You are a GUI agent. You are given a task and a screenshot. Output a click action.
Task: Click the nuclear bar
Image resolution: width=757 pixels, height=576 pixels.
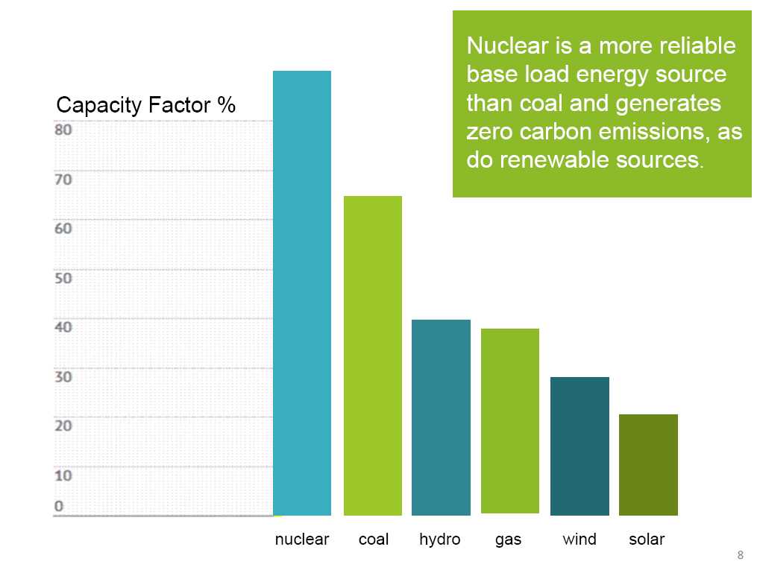point(302,293)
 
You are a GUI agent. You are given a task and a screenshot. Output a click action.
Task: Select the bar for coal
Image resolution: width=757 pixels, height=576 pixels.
point(372,355)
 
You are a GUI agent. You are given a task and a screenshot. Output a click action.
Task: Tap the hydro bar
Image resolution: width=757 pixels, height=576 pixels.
point(441,417)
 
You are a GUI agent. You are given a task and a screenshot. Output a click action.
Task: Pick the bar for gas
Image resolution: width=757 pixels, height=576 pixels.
point(510,421)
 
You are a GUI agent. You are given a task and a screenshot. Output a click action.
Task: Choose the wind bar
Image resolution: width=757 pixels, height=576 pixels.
point(579,446)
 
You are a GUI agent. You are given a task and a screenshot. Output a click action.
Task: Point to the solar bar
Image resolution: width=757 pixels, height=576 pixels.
point(648,464)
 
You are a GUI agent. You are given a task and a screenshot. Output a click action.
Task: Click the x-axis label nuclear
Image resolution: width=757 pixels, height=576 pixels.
point(302,539)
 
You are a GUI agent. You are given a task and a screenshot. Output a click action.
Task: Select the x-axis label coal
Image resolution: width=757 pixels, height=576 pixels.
point(374,539)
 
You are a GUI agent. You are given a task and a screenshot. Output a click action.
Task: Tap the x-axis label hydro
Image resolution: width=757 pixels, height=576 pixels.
point(440,539)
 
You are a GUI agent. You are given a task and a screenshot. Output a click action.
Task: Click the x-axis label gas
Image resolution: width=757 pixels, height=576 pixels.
point(509,539)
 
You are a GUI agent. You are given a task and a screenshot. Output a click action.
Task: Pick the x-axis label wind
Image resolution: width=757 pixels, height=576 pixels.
point(579,539)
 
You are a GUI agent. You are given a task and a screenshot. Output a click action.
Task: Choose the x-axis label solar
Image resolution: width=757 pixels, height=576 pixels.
point(647,539)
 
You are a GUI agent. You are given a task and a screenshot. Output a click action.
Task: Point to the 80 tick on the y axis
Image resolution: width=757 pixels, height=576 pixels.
point(63,129)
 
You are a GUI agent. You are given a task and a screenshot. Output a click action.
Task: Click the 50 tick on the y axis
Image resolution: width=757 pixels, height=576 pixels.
point(63,278)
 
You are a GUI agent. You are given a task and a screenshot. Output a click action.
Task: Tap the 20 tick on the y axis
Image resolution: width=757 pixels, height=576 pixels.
point(63,425)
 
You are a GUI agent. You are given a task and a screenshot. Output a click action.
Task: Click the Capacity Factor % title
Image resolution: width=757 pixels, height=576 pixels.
point(146,106)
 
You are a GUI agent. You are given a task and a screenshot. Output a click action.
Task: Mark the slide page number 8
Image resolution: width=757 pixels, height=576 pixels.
point(740,554)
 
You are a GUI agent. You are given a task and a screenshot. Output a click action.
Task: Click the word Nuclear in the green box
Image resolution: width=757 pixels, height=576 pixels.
point(499,46)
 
